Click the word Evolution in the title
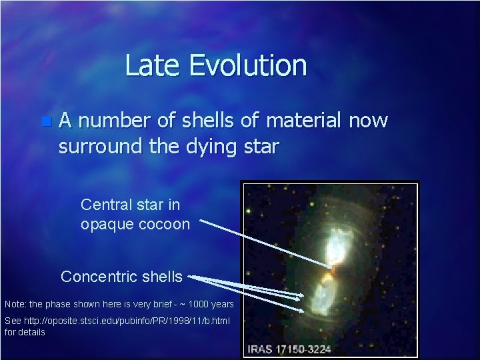coord(247,66)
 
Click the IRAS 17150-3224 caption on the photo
coord(289,349)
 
